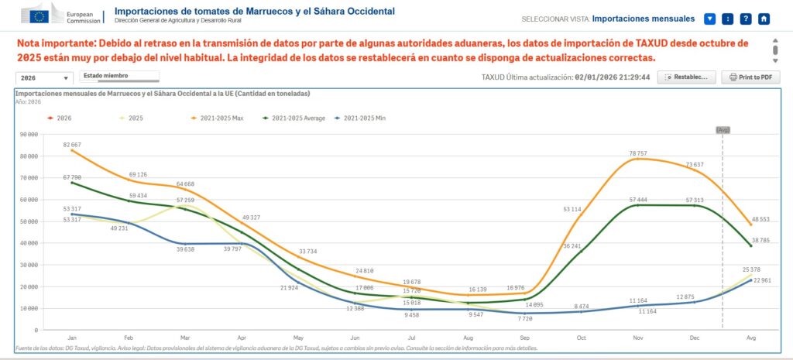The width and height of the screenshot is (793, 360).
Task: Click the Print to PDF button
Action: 750,77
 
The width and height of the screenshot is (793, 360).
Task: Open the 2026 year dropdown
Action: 44,78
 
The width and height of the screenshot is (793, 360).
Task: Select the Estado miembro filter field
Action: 119,76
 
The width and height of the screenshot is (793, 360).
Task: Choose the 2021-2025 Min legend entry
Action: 361,118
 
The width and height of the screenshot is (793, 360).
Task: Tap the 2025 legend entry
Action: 132,118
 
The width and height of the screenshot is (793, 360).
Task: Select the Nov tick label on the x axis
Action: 637,338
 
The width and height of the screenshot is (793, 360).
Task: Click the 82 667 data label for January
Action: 72,145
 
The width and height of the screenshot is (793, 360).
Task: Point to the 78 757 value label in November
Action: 637,153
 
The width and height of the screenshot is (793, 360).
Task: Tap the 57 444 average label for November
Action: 637,199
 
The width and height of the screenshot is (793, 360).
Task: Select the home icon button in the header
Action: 764,19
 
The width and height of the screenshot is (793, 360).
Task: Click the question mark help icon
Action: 746,19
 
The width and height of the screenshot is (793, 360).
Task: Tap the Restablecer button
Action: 686,77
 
